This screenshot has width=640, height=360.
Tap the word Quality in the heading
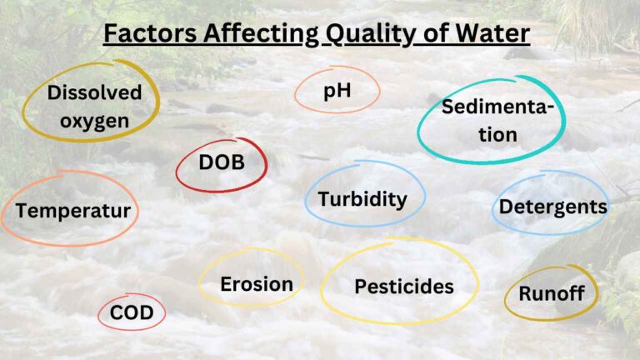[x=364, y=35]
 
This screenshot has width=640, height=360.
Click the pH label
[x=337, y=90]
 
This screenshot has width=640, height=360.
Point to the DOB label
[x=222, y=162]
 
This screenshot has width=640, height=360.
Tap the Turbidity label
[x=362, y=199]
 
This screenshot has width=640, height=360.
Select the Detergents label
[x=552, y=206]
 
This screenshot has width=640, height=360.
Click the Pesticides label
[x=404, y=287]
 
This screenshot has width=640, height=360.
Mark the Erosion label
[x=257, y=284]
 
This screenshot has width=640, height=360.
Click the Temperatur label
[x=73, y=211]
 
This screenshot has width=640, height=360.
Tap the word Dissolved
[x=94, y=93]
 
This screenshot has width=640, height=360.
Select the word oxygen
[x=88, y=122]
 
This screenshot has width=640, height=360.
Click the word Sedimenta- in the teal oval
[x=497, y=107]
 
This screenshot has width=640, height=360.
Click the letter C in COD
[x=117, y=314]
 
